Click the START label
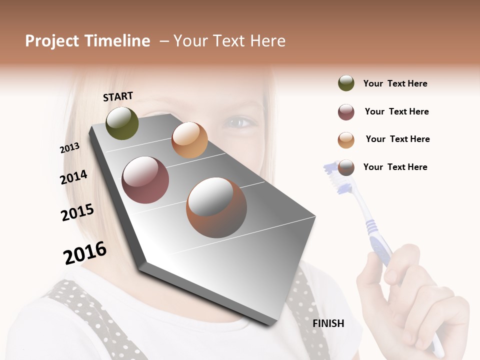(x=118, y=96)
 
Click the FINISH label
(x=328, y=323)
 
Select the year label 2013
(x=69, y=148)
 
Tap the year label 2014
(x=73, y=177)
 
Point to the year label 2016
(x=85, y=252)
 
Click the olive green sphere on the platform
(x=122, y=123)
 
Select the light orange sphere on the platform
(x=189, y=140)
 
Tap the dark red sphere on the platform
(x=145, y=180)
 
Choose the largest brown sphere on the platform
(x=216, y=207)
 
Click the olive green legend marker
(x=346, y=83)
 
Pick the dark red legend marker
(x=346, y=112)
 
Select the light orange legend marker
(x=346, y=140)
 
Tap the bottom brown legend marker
(x=346, y=167)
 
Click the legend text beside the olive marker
(x=395, y=83)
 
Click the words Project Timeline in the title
(x=87, y=41)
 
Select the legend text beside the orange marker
(x=397, y=139)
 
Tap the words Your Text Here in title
(x=229, y=41)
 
